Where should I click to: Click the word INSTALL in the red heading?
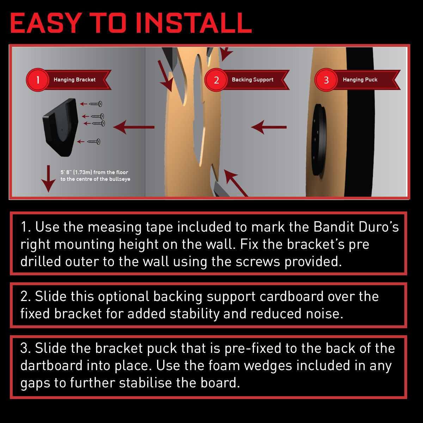click(194, 23)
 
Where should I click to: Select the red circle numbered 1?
click(37, 80)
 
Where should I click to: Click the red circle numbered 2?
click(216, 80)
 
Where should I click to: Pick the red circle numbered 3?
click(326, 80)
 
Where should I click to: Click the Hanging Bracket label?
click(75, 80)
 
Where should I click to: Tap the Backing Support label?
click(253, 80)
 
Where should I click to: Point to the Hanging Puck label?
click(360, 80)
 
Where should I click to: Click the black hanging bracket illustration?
click(61, 128)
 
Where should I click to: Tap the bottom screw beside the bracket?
click(94, 142)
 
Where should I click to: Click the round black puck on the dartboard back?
click(319, 140)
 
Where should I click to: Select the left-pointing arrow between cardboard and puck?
click(269, 127)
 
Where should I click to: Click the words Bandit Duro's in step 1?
click(356, 227)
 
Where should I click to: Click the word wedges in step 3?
click(268, 366)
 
